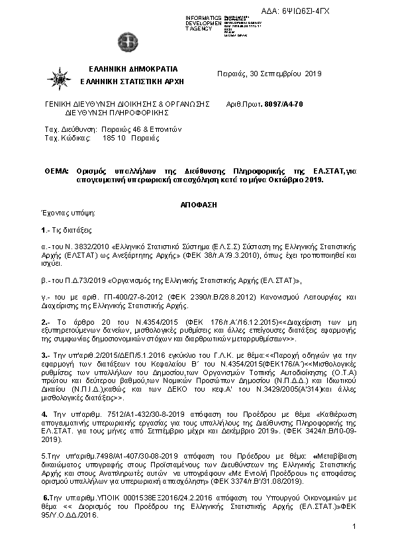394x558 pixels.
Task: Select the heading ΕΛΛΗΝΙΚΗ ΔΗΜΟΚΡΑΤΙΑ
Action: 132,69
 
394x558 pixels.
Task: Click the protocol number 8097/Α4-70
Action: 283,105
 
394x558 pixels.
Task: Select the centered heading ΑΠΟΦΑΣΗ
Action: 197,206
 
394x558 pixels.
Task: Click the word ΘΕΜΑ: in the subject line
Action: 57,170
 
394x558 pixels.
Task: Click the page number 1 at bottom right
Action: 355,526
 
